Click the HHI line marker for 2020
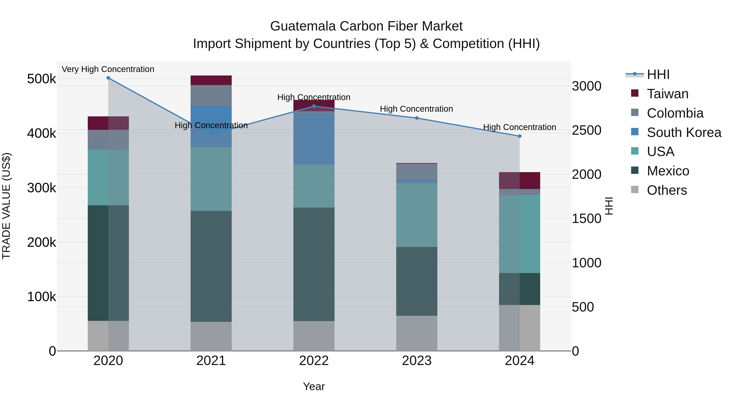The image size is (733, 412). coord(108,78)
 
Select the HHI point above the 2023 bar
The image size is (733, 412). coord(417,118)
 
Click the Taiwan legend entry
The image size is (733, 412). coord(667,94)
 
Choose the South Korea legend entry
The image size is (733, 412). coord(684,132)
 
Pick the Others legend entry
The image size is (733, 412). coord(667,190)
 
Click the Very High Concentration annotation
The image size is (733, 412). coord(108,69)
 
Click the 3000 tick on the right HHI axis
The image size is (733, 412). coord(586,86)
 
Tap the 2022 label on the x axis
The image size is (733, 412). coord(314,361)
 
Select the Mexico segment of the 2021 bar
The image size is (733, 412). coord(211,266)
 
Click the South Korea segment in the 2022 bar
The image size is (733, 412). coord(314,139)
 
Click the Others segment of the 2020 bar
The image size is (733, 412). coord(108,336)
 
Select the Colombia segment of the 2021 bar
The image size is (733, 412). coord(211,95)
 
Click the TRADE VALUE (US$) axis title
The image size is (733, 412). coord(6,206)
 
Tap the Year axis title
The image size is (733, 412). coord(314,386)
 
